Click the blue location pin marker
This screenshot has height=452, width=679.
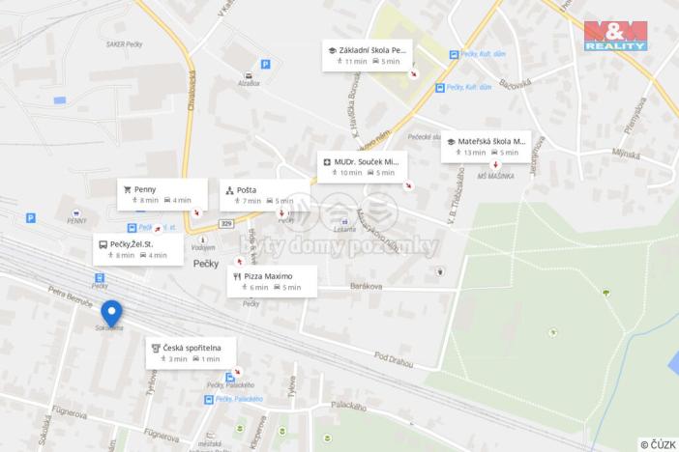pyautogui.click(x=111, y=314)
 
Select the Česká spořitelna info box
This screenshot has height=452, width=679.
pyautogui.click(x=192, y=353)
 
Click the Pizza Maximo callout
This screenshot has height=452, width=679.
pyautogui.click(x=272, y=281)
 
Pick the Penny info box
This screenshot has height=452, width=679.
pyautogui.click(x=162, y=194)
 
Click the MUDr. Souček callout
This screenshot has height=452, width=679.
pyautogui.click(x=364, y=167)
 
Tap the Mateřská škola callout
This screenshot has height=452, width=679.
pyautogui.click(x=486, y=146)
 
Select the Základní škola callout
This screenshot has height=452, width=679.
pyautogui.click(x=369, y=54)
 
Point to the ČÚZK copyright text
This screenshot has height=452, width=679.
pyautogui.click(x=658, y=444)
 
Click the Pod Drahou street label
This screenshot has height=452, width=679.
pyautogui.click(x=394, y=358)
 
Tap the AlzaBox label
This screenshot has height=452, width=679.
pyautogui.click(x=249, y=84)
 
